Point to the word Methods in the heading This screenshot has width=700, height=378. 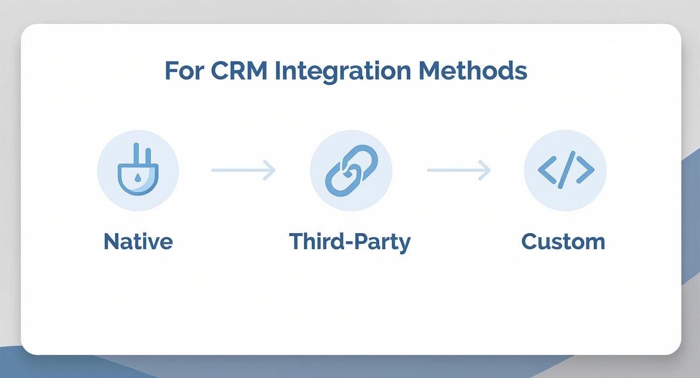(473, 71)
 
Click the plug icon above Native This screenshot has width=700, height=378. (138, 170)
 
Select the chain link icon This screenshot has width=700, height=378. (351, 170)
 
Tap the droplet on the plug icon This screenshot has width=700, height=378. (138, 177)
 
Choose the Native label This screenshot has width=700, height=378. (138, 242)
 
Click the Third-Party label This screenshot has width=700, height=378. (350, 242)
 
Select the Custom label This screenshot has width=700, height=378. (563, 242)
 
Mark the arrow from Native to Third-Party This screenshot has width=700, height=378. (243, 170)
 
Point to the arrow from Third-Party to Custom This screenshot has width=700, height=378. (459, 170)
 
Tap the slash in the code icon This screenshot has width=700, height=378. (566, 170)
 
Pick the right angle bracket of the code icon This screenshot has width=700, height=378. (585, 170)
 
